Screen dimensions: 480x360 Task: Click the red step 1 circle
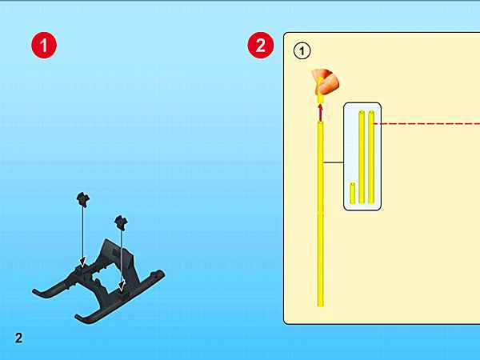click(44, 45)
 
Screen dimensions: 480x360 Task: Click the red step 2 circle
click(261, 45)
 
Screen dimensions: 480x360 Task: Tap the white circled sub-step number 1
click(302, 51)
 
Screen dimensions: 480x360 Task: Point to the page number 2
click(18, 338)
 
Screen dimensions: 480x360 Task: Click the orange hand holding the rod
click(325, 82)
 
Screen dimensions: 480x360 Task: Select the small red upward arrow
click(320, 112)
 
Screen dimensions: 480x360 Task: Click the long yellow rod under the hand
click(320, 214)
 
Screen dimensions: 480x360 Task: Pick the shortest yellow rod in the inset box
click(353, 193)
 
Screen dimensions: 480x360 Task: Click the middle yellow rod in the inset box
click(362, 158)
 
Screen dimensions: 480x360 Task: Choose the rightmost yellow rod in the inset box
click(371, 158)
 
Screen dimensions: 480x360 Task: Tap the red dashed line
click(426, 124)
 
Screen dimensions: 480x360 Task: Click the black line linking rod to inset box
click(334, 162)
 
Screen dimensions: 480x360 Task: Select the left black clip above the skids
click(82, 199)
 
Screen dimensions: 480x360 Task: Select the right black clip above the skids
click(121, 222)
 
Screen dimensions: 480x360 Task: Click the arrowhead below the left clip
click(82, 262)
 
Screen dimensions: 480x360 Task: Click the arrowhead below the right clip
click(122, 286)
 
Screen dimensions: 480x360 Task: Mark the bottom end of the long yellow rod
click(320, 306)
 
